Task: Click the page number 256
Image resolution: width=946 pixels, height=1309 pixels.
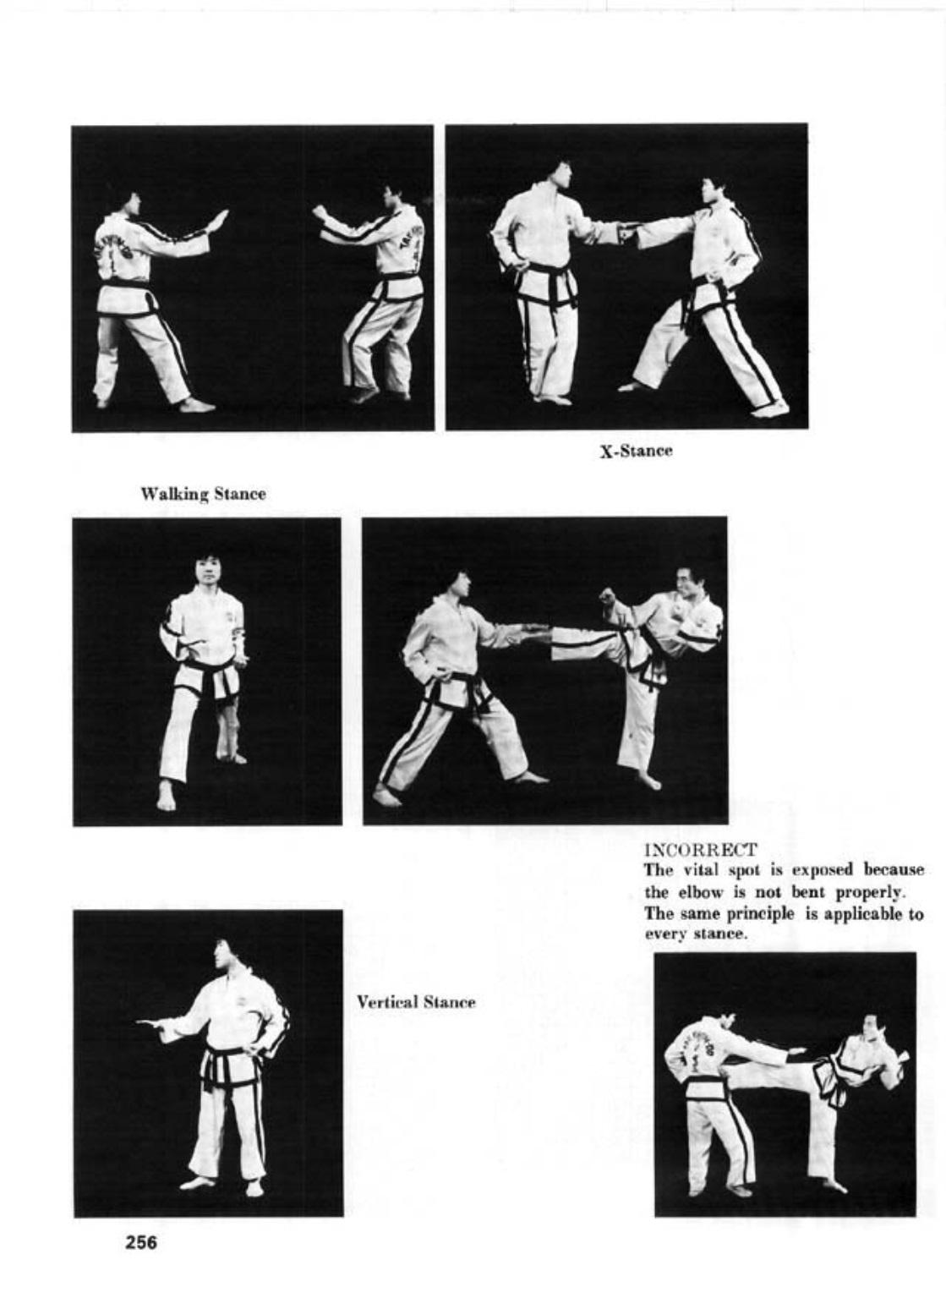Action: (141, 1243)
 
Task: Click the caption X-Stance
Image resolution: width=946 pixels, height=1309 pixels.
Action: (636, 451)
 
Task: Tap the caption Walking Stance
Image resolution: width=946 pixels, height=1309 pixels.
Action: (203, 494)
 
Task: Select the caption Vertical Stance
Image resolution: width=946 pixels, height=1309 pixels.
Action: (415, 1002)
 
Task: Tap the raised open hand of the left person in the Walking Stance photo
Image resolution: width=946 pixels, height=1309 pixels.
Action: (219, 221)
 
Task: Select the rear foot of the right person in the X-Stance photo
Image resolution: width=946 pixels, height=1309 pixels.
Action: (771, 409)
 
